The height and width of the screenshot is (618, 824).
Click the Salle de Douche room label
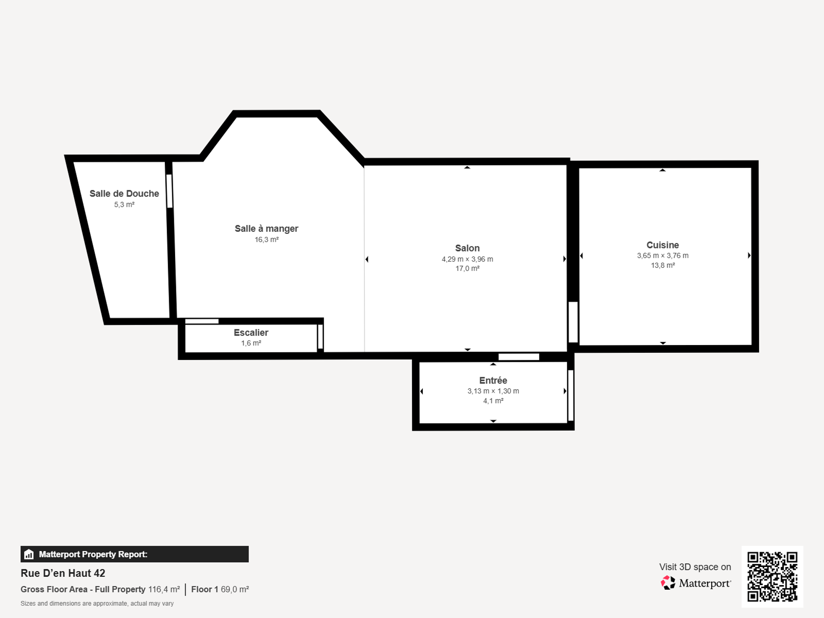124,194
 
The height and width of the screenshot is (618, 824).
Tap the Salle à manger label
267,229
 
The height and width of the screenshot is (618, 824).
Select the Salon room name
467,248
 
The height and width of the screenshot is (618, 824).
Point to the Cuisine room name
663,245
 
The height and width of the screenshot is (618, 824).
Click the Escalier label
251,333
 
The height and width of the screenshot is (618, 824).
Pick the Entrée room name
493,380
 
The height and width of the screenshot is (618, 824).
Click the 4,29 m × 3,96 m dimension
467,259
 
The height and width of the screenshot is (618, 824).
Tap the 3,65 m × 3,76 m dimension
663,255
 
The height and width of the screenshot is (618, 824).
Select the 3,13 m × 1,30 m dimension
493,391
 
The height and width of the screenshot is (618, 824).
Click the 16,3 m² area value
267,239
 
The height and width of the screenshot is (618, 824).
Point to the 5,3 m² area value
124,205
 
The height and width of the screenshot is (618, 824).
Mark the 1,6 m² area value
251,343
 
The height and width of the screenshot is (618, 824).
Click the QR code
772,577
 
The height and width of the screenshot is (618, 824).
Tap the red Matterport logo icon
668,583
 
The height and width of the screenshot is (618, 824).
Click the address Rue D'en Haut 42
63,573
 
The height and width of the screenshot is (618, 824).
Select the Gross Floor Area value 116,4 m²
164,589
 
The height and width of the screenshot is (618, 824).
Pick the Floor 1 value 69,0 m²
235,589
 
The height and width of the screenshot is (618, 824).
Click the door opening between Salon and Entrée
519,357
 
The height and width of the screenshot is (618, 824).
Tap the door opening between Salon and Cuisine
573,322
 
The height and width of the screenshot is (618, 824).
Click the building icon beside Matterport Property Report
29,554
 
